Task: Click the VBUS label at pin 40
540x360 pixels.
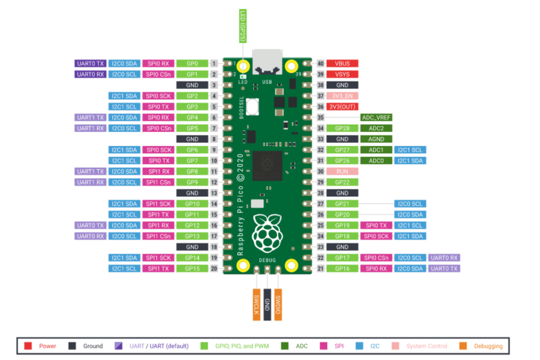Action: point(342,64)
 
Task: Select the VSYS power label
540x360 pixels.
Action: point(342,74)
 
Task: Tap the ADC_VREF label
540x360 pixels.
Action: point(376,117)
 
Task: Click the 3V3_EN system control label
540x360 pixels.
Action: point(342,96)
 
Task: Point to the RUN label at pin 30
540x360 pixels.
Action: point(342,172)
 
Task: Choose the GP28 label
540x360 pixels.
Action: point(342,128)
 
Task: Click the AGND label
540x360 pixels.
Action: point(376,139)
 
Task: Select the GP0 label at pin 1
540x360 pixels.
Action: point(192,64)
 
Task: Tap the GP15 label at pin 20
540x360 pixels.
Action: point(192,269)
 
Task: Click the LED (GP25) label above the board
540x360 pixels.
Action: point(243,27)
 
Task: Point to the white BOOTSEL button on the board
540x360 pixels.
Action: point(253,108)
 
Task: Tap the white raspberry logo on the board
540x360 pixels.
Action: point(267,232)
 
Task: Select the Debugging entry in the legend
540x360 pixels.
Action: point(483,346)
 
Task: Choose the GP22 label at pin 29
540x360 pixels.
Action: point(342,182)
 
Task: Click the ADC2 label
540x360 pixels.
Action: point(376,128)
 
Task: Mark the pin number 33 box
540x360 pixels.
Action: point(321,139)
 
